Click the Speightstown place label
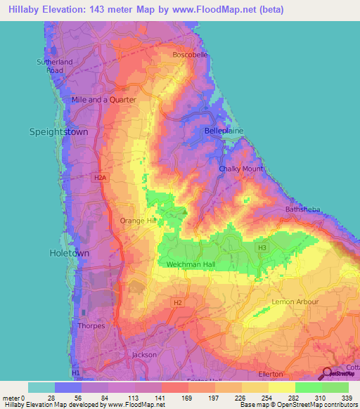point(55,131)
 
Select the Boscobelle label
point(191,55)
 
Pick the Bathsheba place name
point(302,209)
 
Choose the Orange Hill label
point(137,221)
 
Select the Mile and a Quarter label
point(103,100)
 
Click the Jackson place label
point(144,355)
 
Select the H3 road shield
point(262,247)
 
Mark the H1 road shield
point(76,372)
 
